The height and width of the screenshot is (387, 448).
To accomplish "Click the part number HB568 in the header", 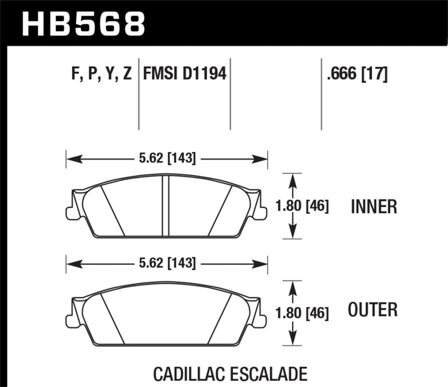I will click(x=83, y=23).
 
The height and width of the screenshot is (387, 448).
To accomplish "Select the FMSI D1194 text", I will click(x=185, y=73).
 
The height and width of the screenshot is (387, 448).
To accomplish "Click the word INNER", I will click(x=374, y=207).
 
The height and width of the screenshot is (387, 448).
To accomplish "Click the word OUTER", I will click(x=373, y=309).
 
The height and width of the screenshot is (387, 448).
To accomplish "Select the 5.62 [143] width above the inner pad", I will click(x=166, y=159).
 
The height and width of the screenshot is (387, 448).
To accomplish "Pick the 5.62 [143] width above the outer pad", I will click(x=166, y=262).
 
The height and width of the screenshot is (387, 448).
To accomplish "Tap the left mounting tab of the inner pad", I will click(x=70, y=212).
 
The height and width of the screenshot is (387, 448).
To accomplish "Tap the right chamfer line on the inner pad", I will click(x=220, y=210).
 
